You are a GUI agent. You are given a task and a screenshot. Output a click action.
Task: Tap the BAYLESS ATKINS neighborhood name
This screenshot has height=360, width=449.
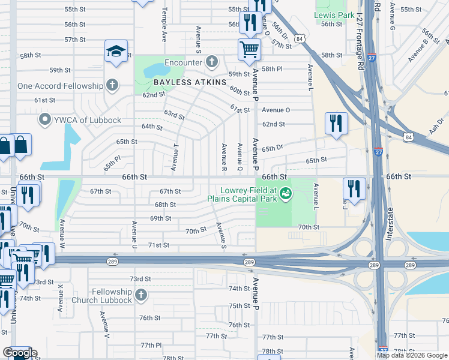point(181,82)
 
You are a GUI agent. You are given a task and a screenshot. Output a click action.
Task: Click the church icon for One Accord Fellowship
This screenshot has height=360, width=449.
point(112,86)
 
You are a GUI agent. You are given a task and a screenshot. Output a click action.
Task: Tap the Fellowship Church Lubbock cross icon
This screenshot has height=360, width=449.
point(140,295)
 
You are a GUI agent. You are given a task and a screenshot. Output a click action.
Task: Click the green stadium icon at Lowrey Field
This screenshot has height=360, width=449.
point(286,193)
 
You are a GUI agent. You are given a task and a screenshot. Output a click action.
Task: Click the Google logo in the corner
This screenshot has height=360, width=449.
point(19,353)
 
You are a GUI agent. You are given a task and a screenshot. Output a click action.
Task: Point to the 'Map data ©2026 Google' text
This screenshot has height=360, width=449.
point(412,355)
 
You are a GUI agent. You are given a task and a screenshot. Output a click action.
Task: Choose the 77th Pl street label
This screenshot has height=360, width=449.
point(151,346)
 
